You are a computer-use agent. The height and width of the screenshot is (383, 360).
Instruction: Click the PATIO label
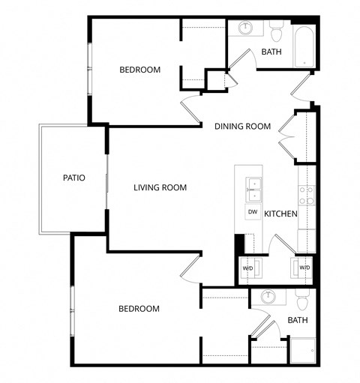coord(73,178)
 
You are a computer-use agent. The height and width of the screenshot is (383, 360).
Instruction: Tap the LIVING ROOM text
coord(160,187)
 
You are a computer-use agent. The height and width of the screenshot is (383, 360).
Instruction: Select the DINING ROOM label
coord(242,126)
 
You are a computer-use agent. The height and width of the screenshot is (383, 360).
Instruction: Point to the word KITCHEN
coord(280,214)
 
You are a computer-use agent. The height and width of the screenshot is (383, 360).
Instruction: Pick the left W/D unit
coord(247,268)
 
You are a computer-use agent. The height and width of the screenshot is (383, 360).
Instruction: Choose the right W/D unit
coord(304,267)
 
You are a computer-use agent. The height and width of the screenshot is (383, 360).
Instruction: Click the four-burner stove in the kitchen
coord(305,196)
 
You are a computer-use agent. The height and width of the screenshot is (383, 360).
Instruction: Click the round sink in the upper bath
coord(247,28)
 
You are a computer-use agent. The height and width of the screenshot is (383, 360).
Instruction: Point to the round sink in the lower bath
coord(268,298)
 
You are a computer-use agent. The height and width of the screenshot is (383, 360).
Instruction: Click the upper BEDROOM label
coord(139,70)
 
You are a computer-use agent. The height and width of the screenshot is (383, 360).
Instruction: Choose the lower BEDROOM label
coord(139,309)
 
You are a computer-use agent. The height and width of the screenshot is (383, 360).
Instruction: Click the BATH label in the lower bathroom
coord(298,321)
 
